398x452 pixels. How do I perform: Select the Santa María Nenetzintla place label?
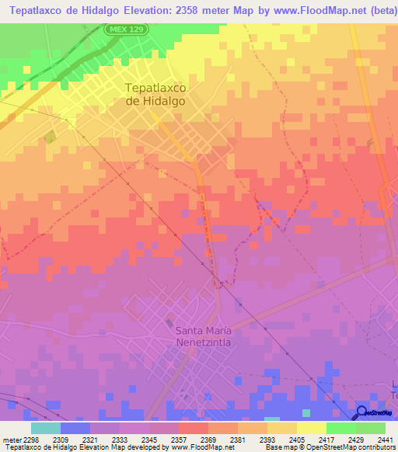coord(203,336)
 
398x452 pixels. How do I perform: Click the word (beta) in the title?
coord(379,10)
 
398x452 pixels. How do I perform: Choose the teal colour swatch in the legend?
coord(46,428)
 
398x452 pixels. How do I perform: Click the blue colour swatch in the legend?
coord(75,428)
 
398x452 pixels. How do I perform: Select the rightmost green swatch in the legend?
coord(371,428)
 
